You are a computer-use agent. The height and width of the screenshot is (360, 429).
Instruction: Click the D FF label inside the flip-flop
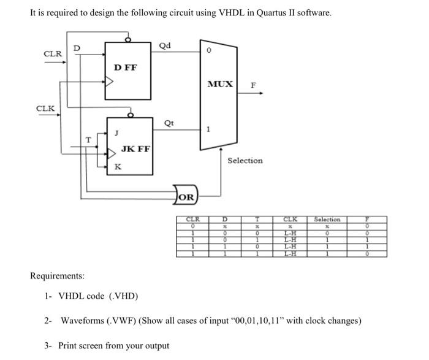tap(126, 67)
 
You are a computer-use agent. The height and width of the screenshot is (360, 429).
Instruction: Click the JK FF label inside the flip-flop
tap(135, 148)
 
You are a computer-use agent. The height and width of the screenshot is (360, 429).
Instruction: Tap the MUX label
tap(220, 83)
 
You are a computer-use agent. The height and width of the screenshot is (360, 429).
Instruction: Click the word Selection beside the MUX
tap(245, 161)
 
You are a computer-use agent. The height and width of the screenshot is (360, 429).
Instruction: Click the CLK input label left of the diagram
tap(45, 109)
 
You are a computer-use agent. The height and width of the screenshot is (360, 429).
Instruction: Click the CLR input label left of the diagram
tap(53, 53)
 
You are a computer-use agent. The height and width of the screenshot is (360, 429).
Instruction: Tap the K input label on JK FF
tap(118, 167)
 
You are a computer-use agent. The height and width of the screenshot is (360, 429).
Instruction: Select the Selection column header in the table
tap(327, 220)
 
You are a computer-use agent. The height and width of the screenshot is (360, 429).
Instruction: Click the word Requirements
tap(58, 276)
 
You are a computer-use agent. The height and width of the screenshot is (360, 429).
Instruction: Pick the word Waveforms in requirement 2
tap(80, 321)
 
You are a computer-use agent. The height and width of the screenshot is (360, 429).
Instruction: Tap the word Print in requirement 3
tap(68, 345)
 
